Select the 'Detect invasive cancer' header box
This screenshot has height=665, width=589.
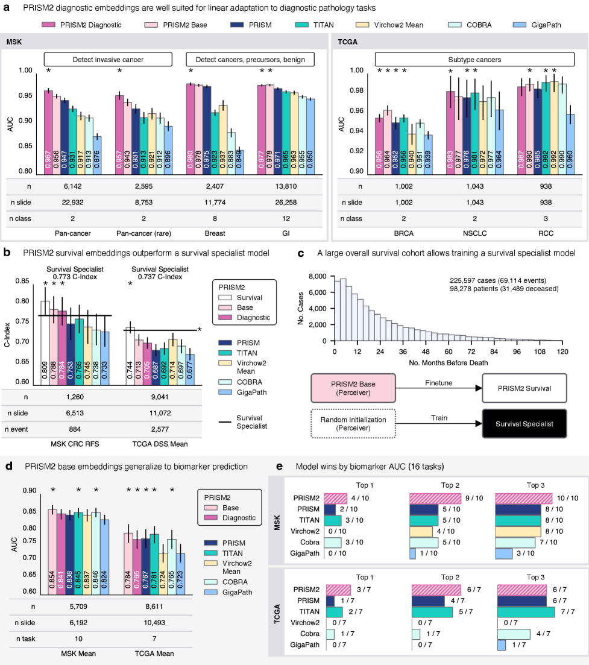[107, 59]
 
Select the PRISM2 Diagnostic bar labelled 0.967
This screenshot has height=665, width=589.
[48, 133]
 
